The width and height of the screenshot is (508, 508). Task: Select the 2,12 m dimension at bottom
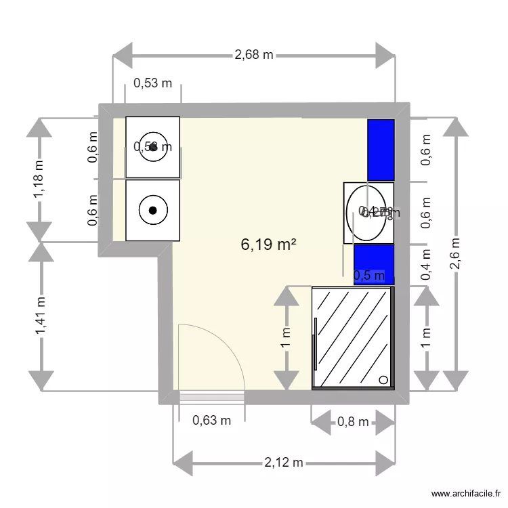283,463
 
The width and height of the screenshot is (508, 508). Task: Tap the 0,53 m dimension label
152,83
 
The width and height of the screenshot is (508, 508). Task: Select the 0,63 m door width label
212,420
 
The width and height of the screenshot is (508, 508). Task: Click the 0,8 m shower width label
353,423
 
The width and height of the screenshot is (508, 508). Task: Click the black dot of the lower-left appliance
153,210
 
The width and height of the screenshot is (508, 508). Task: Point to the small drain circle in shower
386,381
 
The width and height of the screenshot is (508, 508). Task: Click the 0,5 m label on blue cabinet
369,275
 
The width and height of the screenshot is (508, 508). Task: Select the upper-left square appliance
153,148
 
